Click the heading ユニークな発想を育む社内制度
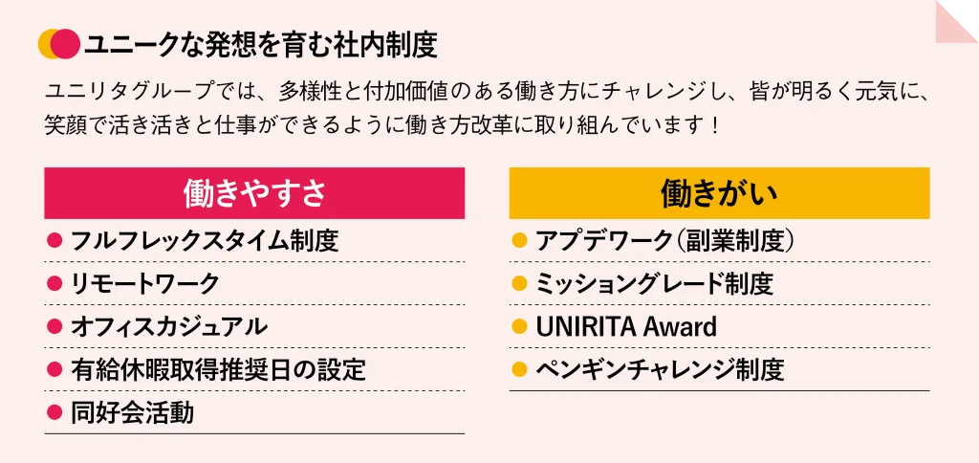260,45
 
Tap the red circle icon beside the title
65,44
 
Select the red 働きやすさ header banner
254,193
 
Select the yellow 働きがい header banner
719,193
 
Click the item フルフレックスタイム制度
205,240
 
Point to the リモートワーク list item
145,284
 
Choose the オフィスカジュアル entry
168,327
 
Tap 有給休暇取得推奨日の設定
218,370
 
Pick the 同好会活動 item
132,413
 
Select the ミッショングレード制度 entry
654,284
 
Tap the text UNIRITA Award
626,327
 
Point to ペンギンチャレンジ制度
660,370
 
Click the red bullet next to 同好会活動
54,412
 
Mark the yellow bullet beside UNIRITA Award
519,326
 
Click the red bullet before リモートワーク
54,283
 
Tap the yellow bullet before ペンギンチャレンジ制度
519,369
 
